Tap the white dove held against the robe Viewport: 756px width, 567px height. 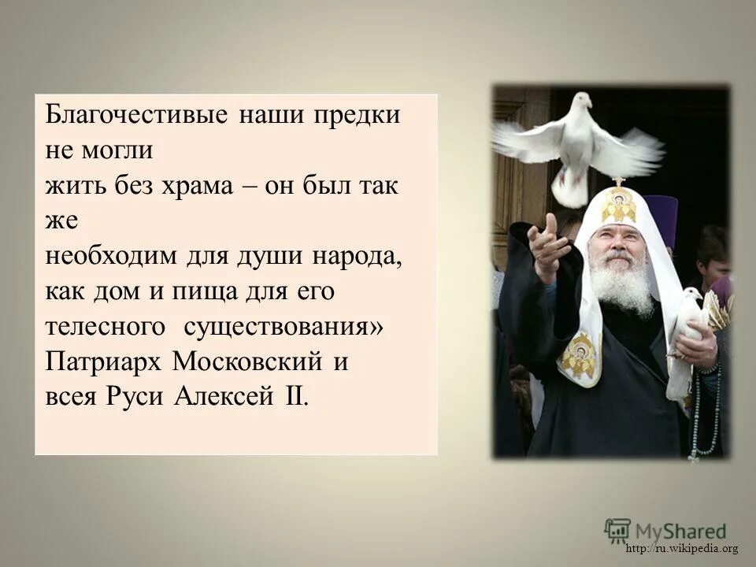tap(685, 331)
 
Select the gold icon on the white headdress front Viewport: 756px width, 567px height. tap(619, 205)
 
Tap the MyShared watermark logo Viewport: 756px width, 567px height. tap(666, 530)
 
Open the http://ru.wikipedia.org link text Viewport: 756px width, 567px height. tap(682, 549)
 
